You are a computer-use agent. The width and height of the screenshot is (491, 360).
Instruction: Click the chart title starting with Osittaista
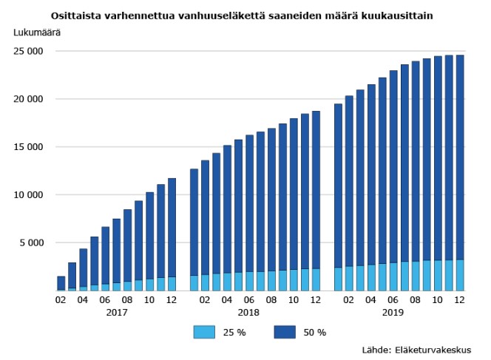click(242, 15)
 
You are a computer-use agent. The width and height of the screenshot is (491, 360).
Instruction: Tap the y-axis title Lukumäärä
click(36, 33)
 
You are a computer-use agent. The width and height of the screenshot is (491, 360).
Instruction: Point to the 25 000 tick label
click(30, 52)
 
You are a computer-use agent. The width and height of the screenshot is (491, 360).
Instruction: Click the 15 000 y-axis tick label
click(30, 147)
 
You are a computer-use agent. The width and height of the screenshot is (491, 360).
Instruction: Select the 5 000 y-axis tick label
click(33, 242)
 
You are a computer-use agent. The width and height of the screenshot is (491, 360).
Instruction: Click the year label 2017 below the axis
click(116, 313)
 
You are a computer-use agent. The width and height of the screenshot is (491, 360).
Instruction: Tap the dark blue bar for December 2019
click(460, 155)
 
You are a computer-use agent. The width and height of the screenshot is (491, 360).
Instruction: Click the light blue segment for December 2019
click(460, 275)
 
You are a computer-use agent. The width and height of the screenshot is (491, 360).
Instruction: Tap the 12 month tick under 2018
click(316, 300)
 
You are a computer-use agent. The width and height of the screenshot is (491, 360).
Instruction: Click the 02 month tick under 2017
click(61, 300)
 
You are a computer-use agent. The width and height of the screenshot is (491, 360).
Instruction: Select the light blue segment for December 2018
click(316, 279)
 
